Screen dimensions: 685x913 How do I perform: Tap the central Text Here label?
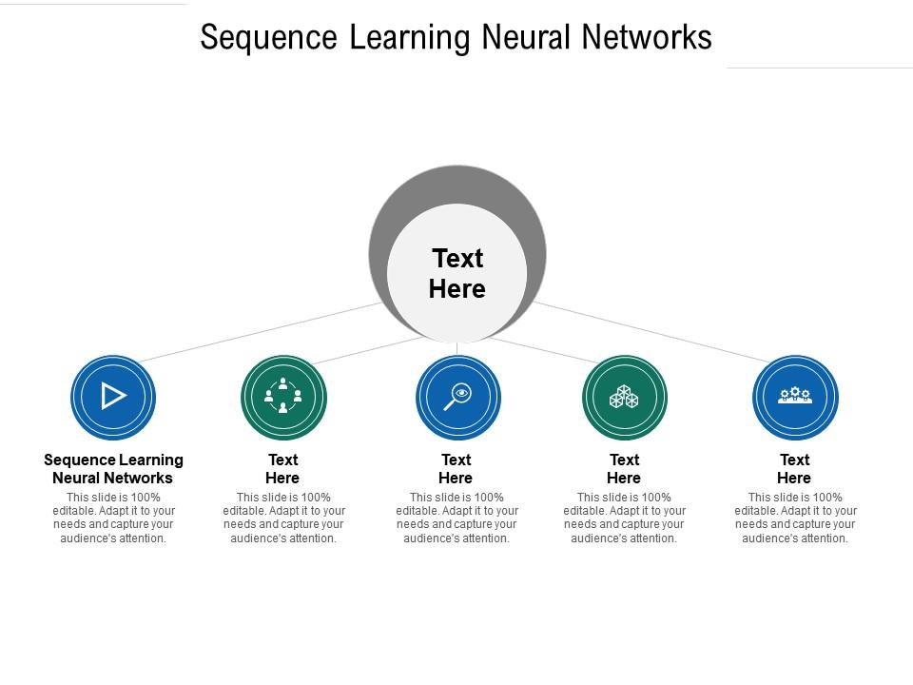457,273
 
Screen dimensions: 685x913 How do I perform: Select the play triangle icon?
113,396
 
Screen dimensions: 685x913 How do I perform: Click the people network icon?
283,396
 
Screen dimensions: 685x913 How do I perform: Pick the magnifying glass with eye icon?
457,396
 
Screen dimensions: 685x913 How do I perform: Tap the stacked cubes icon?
624,396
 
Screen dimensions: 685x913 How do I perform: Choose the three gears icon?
794,395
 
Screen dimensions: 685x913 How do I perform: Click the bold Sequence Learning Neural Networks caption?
113,469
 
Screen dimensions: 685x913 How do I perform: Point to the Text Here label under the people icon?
282,469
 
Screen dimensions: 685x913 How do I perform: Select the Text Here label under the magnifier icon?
456,469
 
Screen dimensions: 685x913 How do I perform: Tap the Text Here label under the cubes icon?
624,469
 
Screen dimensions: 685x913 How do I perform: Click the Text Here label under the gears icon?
794,469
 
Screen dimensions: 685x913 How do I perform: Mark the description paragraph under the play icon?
113,518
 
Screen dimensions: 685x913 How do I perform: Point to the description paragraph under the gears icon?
795,518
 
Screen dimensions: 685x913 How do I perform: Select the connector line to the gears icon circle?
656,333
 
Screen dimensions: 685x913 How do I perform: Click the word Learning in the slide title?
410,38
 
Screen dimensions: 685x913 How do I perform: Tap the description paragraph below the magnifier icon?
456,518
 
